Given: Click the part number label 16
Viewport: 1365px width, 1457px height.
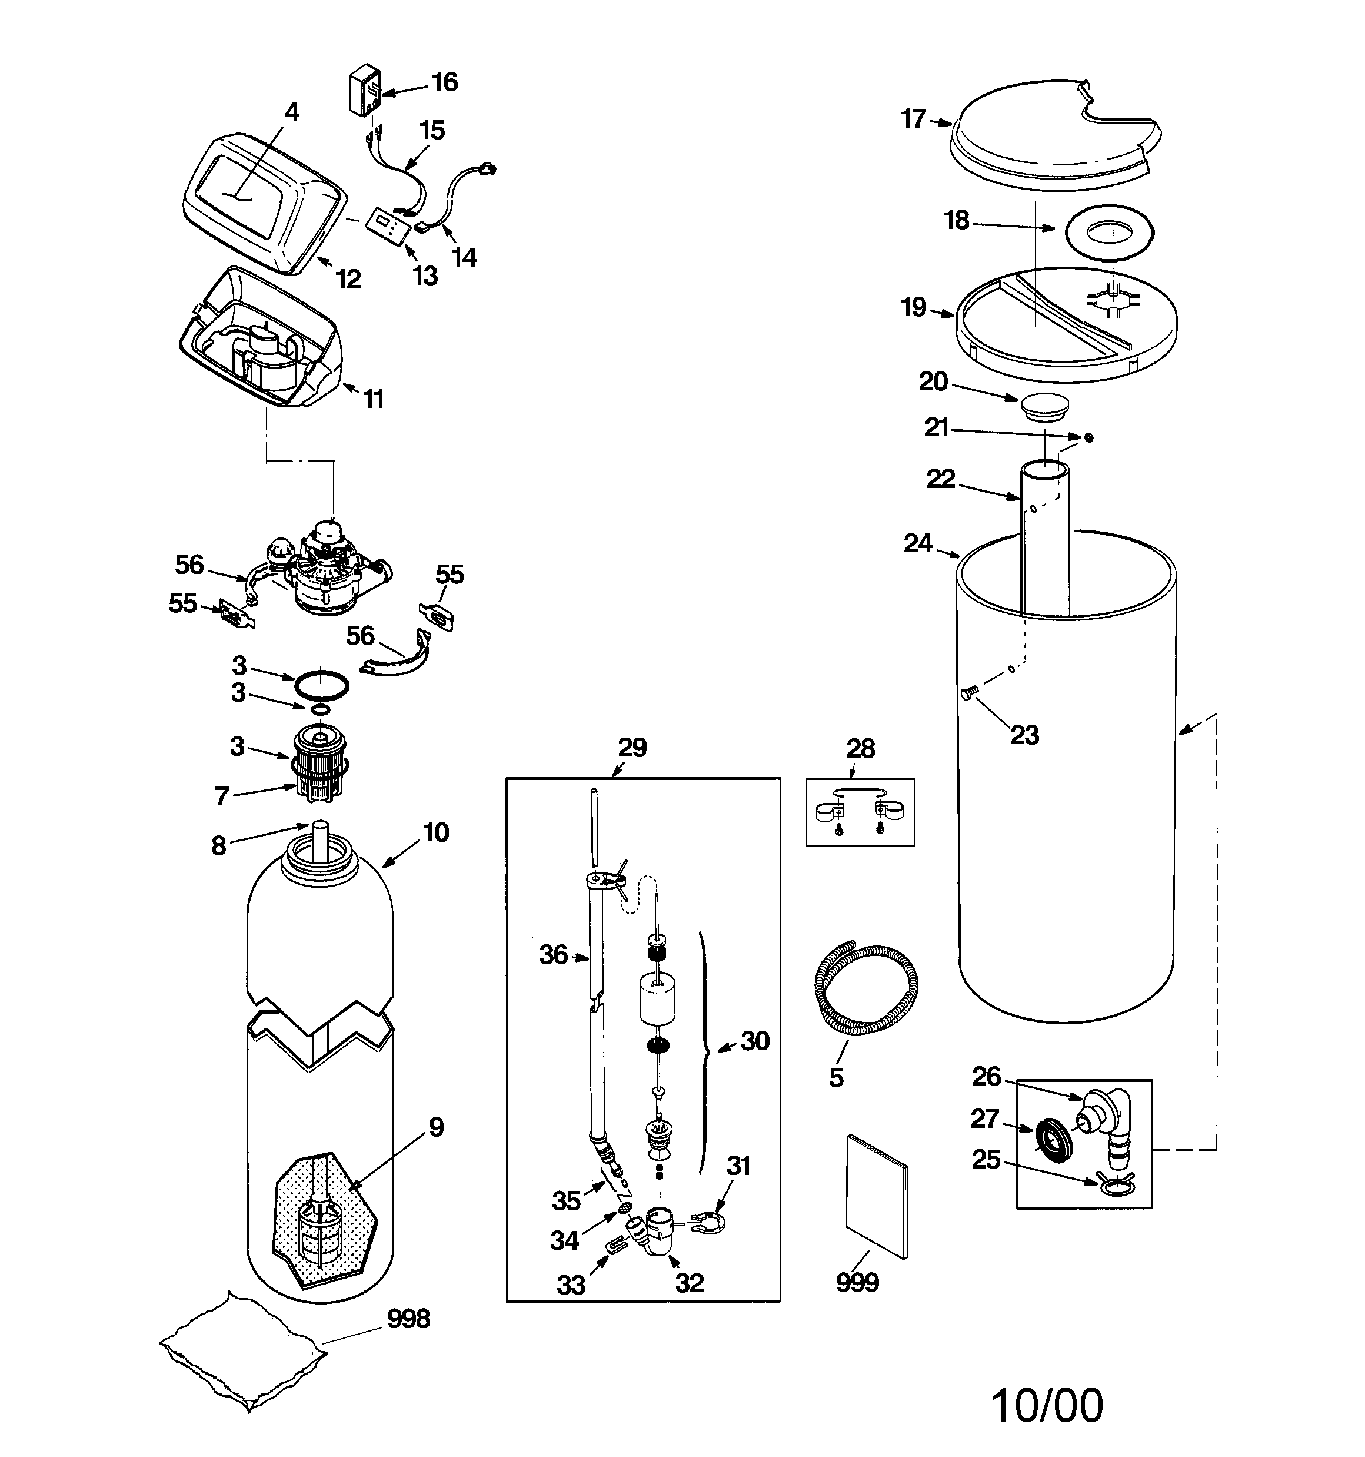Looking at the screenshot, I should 444,82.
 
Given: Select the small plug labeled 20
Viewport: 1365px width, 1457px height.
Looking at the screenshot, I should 1045,407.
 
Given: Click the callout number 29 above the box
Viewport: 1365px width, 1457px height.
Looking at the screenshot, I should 632,748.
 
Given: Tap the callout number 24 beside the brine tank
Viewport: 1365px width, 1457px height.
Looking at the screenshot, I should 917,543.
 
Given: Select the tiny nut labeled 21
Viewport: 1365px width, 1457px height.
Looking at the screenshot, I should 1089,437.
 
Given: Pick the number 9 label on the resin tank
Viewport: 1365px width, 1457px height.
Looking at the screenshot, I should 436,1127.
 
